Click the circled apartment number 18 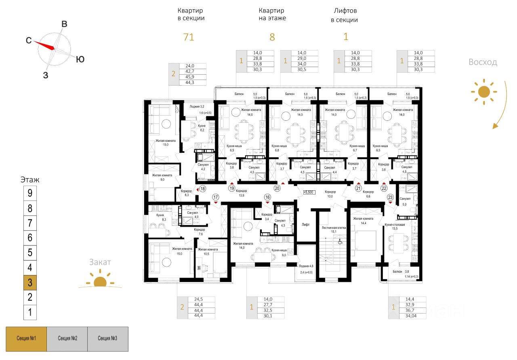click(x=202, y=188)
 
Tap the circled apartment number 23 click(x=390, y=197)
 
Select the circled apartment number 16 click(x=267, y=197)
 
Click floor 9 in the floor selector click(x=30, y=193)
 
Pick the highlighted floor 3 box click(x=30, y=282)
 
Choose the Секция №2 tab click(x=67, y=338)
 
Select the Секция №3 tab click(x=107, y=338)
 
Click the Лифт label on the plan click(x=306, y=224)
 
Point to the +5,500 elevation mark click(x=309, y=193)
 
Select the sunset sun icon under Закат click(x=99, y=282)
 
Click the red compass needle click(x=44, y=45)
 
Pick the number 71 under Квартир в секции click(x=189, y=37)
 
